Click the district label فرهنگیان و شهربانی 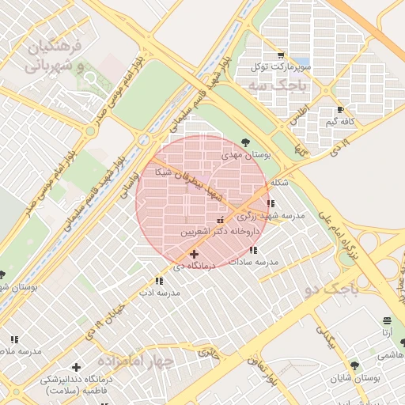click(56, 56)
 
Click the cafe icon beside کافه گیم click(341, 110)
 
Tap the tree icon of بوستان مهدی click(245, 142)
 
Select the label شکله click(279, 184)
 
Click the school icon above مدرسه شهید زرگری click(271, 203)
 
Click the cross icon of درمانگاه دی click(195, 254)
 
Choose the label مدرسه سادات click(253, 261)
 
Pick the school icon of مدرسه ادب click(160, 280)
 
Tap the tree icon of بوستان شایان click(354, 365)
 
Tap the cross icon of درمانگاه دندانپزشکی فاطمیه click(76, 367)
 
